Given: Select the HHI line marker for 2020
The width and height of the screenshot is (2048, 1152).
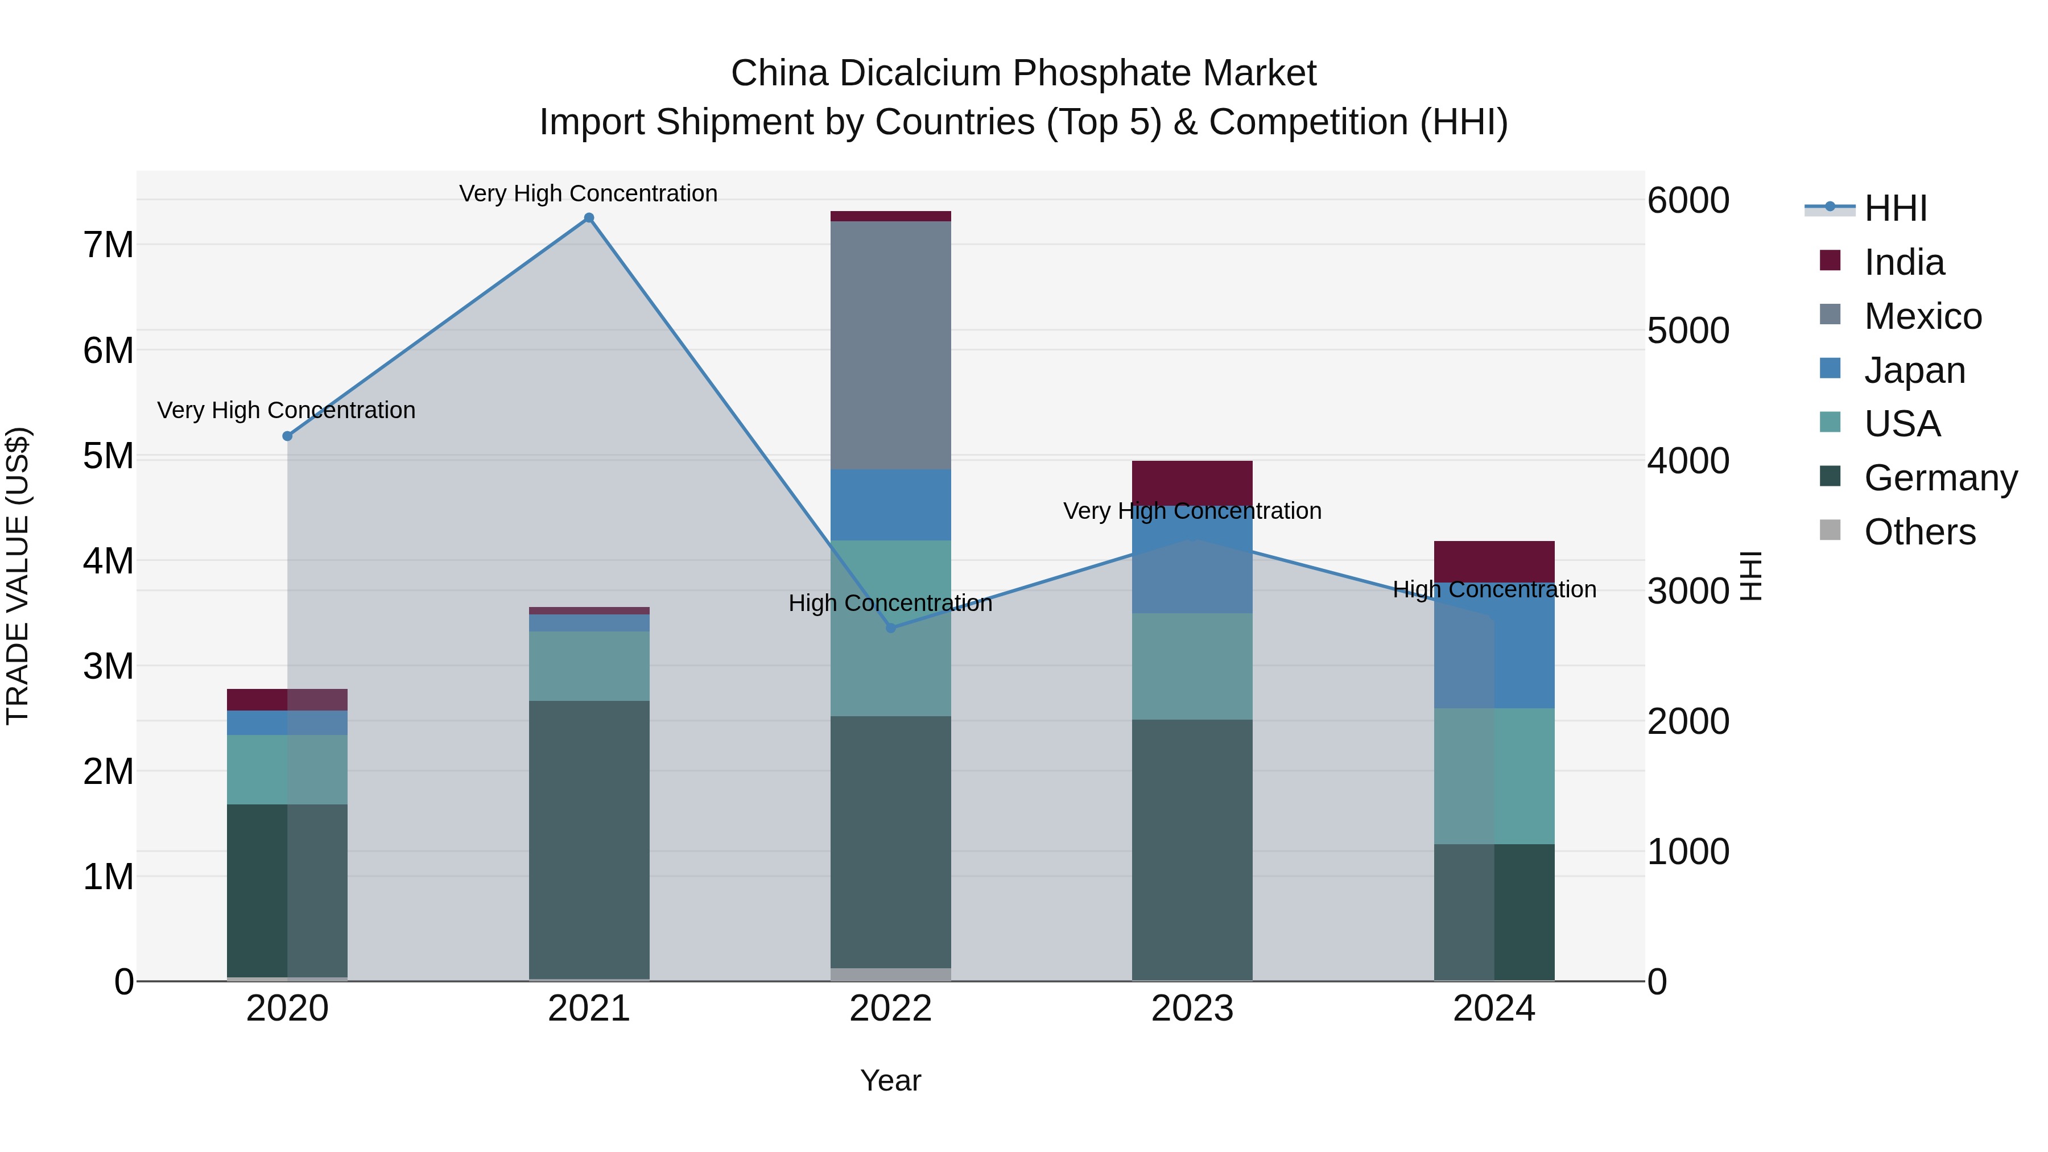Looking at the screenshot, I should point(288,436).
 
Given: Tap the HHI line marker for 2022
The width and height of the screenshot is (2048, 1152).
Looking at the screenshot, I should point(890,628).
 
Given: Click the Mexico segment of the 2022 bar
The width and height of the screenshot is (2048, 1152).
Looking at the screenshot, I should point(890,346).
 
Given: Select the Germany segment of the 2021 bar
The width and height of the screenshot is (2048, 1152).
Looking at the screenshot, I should point(589,839).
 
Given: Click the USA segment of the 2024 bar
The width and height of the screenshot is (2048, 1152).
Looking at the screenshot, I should point(1494,776).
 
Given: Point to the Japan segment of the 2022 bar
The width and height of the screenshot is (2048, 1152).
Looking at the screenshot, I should point(890,505).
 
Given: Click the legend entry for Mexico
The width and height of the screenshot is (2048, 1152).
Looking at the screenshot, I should point(1922,316).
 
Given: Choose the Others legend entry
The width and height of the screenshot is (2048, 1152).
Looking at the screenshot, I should point(1919,532).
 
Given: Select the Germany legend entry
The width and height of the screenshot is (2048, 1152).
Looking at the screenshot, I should point(1940,478).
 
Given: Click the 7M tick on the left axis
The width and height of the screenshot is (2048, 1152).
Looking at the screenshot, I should point(109,245).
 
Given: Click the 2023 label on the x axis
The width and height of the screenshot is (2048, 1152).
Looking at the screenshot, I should point(1192,1009).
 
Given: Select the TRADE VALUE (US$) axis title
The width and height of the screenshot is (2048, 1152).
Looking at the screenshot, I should point(18,576).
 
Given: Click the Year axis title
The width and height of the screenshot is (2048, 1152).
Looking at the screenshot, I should point(890,1080).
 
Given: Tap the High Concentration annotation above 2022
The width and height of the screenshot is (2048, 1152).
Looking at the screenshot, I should point(890,604).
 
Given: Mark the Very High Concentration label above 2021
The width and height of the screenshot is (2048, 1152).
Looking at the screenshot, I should point(588,194).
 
